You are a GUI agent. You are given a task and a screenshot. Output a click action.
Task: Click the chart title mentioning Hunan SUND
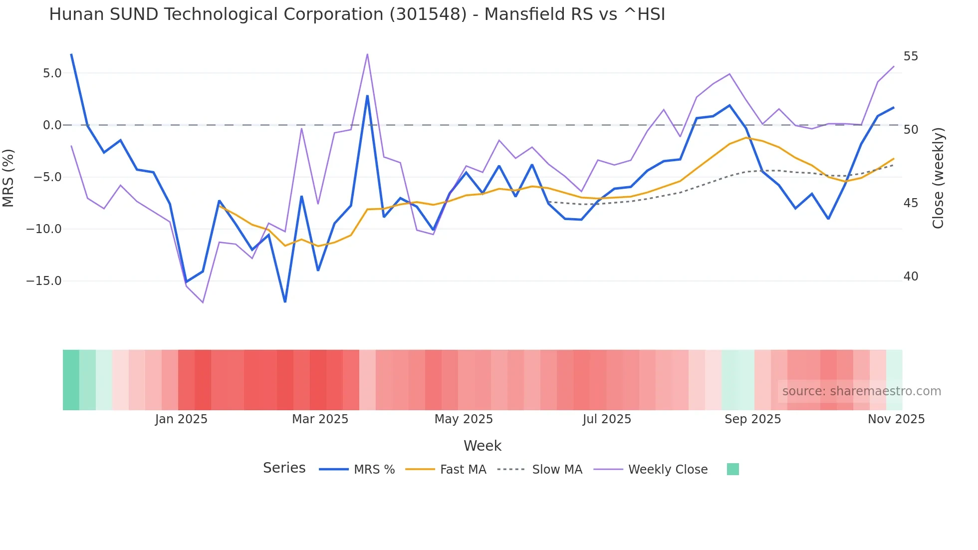click(357, 14)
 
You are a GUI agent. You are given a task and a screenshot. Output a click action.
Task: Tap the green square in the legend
click(733, 469)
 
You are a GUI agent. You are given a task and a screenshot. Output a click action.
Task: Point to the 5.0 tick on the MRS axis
click(52, 73)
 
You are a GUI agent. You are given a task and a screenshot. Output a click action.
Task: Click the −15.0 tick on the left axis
click(44, 281)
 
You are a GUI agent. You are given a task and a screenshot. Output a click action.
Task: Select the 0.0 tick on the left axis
click(52, 125)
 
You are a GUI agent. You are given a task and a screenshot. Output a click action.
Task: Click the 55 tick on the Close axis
click(911, 56)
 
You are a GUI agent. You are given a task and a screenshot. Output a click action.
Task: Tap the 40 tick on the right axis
click(911, 276)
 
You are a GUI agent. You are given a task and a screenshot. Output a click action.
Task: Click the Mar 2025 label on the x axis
click(320, 419)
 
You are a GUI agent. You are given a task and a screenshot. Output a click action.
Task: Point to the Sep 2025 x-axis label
click(752, 419)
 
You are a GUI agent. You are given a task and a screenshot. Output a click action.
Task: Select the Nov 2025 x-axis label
click(896, 419)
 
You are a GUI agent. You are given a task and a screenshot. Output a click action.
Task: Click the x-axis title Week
click(482, 446)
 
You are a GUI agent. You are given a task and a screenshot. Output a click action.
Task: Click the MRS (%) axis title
click(8, 178)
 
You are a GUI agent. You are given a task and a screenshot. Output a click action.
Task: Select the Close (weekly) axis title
click(938, 178)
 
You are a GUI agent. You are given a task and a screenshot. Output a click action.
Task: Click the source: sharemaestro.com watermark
click(861, 391)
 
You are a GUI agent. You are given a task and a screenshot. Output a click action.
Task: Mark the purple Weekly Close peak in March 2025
click(367, 54)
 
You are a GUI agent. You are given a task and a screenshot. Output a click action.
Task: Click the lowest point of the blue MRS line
click(285, 302)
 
